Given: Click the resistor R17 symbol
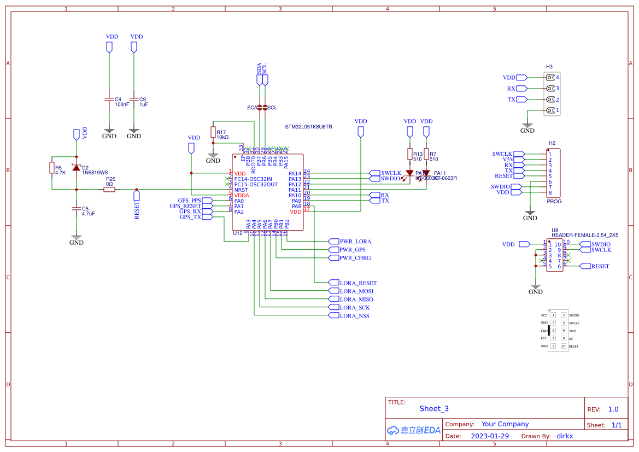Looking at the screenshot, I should (213, 132).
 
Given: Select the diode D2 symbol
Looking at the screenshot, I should (77, 168).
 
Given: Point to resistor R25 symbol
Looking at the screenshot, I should (109, 189).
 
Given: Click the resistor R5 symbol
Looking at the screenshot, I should (52, 168).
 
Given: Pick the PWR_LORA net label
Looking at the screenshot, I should (355, 242).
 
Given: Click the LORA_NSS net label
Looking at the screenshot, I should (354, 316).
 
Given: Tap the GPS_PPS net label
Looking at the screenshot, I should (190, 201).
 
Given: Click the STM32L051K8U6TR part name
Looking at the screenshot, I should (308, 127).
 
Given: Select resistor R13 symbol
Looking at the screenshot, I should (410, 155).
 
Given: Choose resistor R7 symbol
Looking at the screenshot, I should (426, 155).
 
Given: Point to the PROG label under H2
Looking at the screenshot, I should (554, 201).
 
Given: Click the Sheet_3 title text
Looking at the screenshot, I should (434, 409).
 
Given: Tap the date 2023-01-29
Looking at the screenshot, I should (489, 436).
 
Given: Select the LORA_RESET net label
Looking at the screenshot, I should (358, 283).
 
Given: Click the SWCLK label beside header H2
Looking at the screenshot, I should (502, 154).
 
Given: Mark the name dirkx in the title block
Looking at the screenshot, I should (565, 436).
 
